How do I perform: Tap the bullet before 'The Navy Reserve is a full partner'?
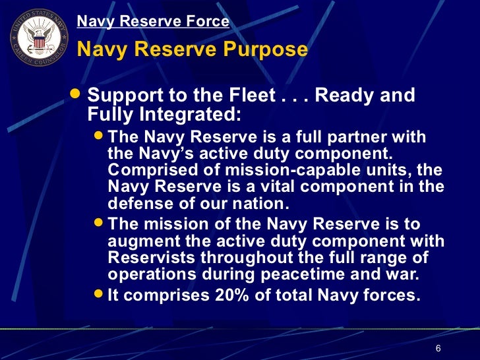coord(98,137)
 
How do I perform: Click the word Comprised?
coord(147,170)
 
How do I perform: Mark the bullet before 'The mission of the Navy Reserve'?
coord(98,224)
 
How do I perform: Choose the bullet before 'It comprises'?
coord(98,295)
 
